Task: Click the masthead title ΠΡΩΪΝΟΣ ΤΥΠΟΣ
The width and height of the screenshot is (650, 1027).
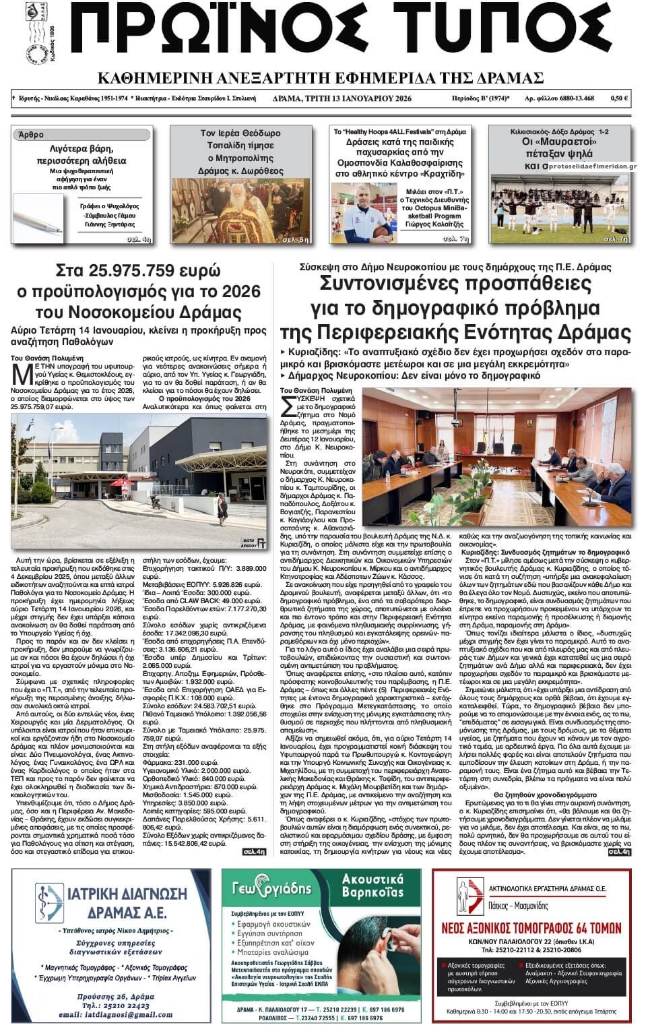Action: coord(340,34)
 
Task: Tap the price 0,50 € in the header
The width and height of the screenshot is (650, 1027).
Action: coord(619,98)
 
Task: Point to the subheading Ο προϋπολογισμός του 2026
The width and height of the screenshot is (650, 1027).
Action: coord(204,399)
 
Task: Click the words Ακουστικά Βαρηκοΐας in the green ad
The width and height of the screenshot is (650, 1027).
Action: coord(372,885)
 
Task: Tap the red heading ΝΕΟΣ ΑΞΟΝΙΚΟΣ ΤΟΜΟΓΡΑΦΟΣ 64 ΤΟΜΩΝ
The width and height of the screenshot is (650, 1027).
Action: coord(531,928)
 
